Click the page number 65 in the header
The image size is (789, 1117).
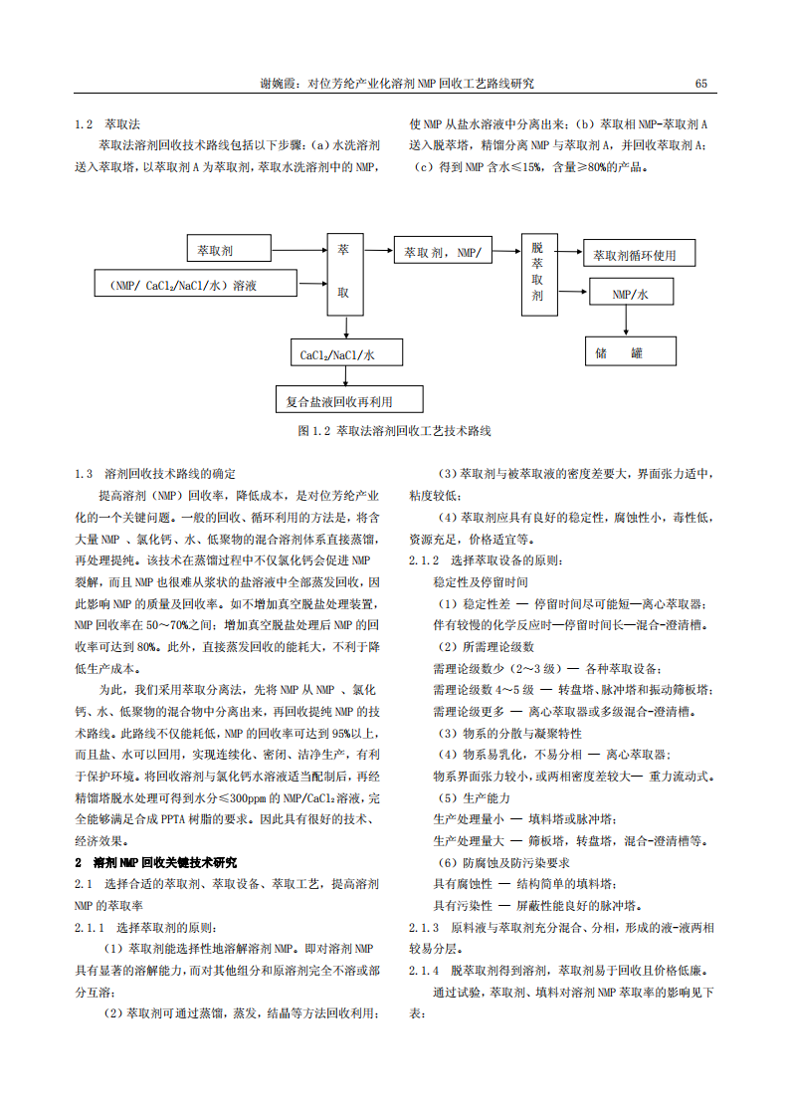[700, 84]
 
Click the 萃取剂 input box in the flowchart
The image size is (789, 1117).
[230, 249]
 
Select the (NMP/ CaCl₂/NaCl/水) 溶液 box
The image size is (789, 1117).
[196, 285]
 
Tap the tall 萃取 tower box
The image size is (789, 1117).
[343, 271]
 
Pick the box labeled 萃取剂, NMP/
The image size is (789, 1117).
[443, 253]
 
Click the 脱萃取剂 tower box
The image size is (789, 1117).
[537, 272]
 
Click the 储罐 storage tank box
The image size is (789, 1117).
[630, 352]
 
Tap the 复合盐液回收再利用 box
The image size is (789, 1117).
[348, 401]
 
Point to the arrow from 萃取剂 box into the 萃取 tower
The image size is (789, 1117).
[298, 249]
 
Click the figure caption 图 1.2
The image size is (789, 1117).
[395, 432]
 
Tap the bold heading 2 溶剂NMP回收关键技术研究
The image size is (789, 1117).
[156, 862]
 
